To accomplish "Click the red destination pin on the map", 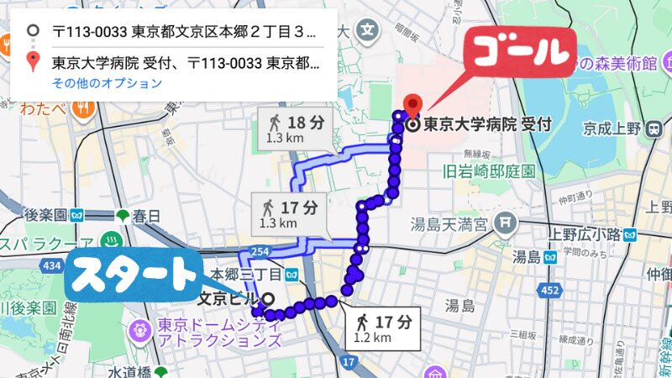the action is point(412,104).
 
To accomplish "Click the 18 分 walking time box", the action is point(296,127).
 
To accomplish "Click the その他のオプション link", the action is point(107,84).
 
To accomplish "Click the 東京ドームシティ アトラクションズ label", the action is point(217,333).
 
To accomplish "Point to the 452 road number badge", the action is point(551,291).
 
